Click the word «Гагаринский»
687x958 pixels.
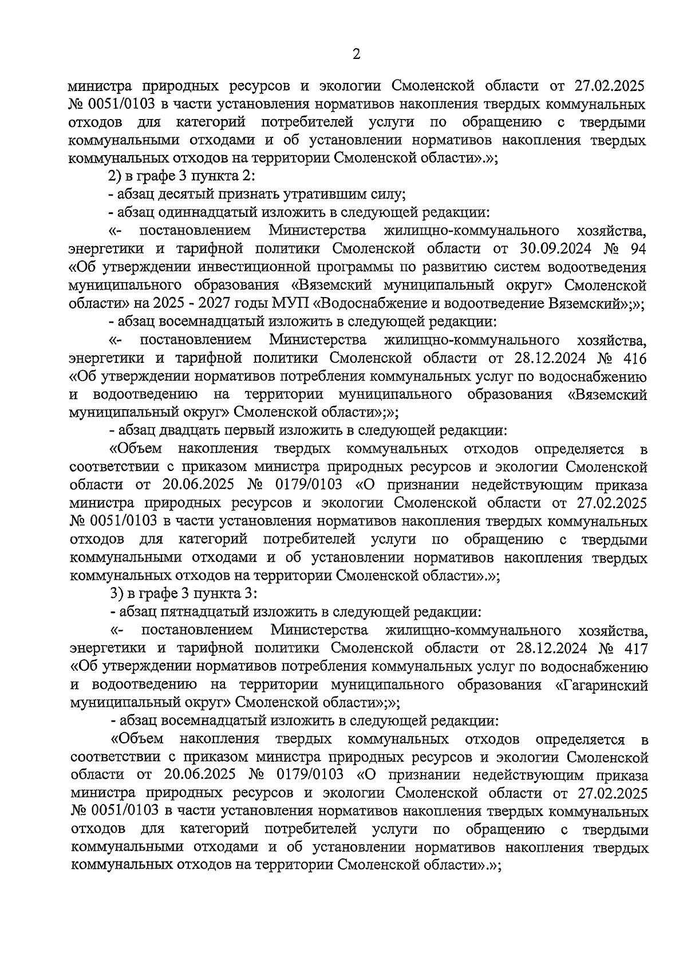602,685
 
